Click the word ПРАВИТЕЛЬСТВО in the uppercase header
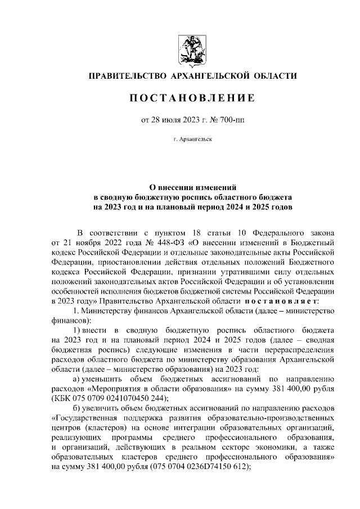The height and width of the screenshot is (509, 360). pyautogui.click(x=122, y=75)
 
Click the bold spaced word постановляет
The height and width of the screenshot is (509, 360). pyautogui.click(x=288, y=303)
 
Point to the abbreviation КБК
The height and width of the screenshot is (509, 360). pyautogui.click(x=63, y=399)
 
